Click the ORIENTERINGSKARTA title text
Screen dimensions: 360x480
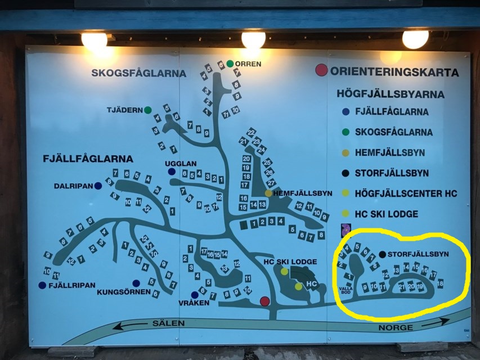click(x=394, y=72)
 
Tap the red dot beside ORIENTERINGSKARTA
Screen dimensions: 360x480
click(x=321, y=70)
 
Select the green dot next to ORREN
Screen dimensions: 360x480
click(x=230, y=64)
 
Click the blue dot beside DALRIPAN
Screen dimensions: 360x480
click(x=98, y=186)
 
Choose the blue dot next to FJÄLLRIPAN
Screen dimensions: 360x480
click(x=42, y=285)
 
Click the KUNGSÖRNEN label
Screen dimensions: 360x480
click(x=124, y=292)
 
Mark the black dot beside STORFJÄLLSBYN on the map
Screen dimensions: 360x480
click(x=383, y=254)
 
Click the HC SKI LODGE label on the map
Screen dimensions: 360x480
click(x=290, y=262)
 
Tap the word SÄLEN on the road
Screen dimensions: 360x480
click(x=165, y=324)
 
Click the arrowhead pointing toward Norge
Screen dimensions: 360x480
click(x=444, y=321)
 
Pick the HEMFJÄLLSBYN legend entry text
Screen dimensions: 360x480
click(x=389, y=152)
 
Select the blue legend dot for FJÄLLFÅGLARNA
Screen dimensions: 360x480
click(x=346, y=111)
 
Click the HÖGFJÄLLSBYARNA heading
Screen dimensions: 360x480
click(x=391, y=94)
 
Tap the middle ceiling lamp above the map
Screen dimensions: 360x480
click(x=253, y=39)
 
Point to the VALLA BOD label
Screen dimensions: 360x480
click(x=345, y=290)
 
